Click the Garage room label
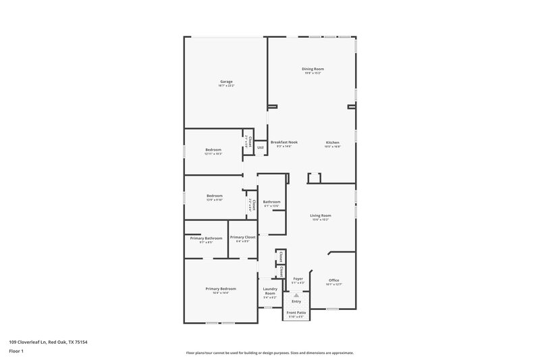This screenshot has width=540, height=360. (x=225, y=82)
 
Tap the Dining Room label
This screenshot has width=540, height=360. (x=313, y=69)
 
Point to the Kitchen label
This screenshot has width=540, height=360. (x=333, y=143)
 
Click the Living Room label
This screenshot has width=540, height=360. (x=321, y=215)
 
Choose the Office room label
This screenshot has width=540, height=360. (x=333, y=280)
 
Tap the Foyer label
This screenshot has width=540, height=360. (x=298, y=278)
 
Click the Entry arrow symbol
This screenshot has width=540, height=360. (x=296, y=296)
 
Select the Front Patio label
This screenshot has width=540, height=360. (x=296, y=313)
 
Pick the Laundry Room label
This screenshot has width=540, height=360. (x=270, y=291)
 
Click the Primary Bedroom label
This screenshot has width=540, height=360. (x=221, y=288)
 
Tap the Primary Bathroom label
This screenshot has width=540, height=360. (x=206, y=238)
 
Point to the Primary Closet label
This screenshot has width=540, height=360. (x=242, y=238)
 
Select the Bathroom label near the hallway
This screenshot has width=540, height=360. (x=272, y=202)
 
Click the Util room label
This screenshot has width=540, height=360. (x=260, y=147)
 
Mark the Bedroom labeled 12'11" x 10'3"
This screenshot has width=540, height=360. (x=213, y=150)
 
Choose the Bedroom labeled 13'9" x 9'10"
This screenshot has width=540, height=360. (x=215, y=196)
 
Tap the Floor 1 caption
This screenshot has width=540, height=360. (x=16, y=352)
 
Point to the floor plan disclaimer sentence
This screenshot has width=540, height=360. (x=270, y=353)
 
